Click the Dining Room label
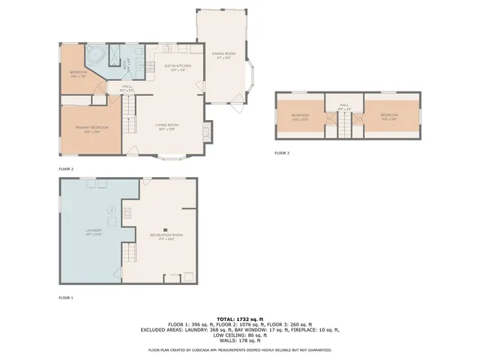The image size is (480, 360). pos(223,55)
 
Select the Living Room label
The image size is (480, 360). pos(166,126)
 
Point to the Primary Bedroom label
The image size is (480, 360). pos(91,129)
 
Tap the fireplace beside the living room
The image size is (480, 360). pos(208,134)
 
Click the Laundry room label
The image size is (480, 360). pos(94,232)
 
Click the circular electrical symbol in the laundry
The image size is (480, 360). pos(111,211)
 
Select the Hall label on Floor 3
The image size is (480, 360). pos(344,106)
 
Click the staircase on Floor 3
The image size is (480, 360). pos(344,130)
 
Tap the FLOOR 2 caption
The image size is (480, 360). pos(66,169)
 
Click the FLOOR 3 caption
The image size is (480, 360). pos(281,153)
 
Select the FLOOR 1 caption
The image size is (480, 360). pos(66,298)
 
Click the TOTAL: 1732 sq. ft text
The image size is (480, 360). pos(240,319)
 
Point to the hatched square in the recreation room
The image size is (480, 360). pos(127,214)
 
